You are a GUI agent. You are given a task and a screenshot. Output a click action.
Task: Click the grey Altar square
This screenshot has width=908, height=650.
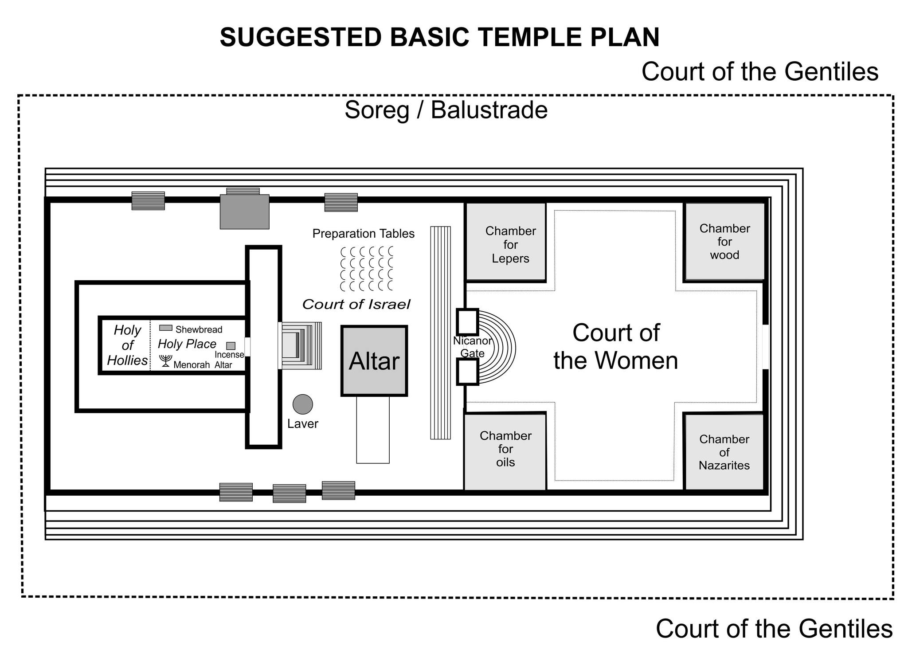(374, 361)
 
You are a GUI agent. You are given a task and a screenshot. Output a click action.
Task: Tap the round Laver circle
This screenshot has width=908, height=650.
(303, 404)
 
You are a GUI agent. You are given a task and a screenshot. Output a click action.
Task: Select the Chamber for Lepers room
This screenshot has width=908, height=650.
(505, 242)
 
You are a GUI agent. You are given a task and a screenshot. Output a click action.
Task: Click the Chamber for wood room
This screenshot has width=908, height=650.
(724, 242)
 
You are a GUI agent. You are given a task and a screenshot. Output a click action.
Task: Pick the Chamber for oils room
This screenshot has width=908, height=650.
(505, 451)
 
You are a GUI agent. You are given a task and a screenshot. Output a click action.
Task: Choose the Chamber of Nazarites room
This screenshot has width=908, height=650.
(724, 452)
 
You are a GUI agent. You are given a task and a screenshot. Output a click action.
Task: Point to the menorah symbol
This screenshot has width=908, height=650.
(165, 360)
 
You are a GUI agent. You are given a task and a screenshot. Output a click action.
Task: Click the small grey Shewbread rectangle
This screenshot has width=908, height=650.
(166, 328)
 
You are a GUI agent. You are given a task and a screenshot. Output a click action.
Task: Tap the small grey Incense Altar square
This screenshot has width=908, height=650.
(231, 346)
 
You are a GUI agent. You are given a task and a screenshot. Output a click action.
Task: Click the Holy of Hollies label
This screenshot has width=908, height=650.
(127, 345)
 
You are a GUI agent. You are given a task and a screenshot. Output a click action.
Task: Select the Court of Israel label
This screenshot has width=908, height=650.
(356, 304)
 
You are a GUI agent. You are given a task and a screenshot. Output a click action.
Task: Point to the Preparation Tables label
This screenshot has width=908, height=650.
(364, 234)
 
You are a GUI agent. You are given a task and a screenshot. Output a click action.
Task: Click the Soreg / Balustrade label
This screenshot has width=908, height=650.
(446, 110)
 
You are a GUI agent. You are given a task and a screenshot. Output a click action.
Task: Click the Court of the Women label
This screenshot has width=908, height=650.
(616, 346)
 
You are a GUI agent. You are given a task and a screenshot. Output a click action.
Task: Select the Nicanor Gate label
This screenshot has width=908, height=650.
(473, 347)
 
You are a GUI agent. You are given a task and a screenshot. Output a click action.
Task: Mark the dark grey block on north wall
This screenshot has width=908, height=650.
(245, 211)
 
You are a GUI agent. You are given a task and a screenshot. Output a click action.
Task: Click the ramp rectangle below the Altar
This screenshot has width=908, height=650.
(373, 430)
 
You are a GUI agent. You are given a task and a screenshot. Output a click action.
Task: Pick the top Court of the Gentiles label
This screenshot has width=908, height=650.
(760, 71)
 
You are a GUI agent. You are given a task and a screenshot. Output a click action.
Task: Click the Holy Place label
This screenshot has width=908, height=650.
(187, 344)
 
